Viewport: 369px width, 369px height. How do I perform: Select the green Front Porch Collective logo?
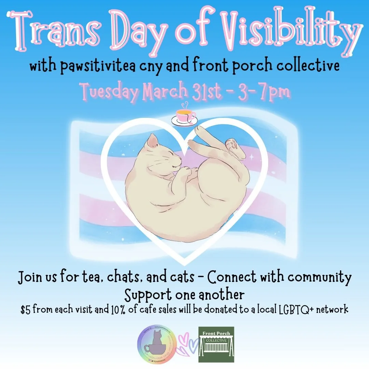click(216, 344)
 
